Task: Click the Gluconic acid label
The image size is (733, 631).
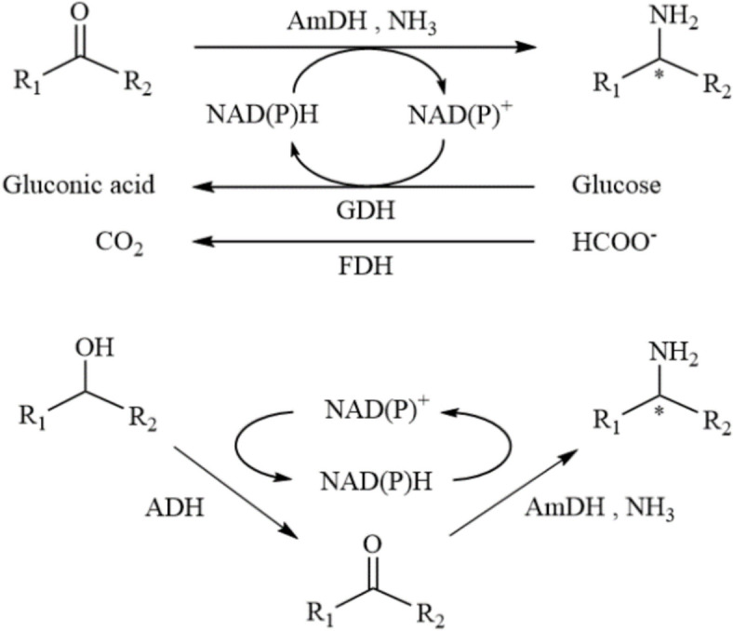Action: point(78,184)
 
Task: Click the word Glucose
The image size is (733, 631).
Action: point(617,184)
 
